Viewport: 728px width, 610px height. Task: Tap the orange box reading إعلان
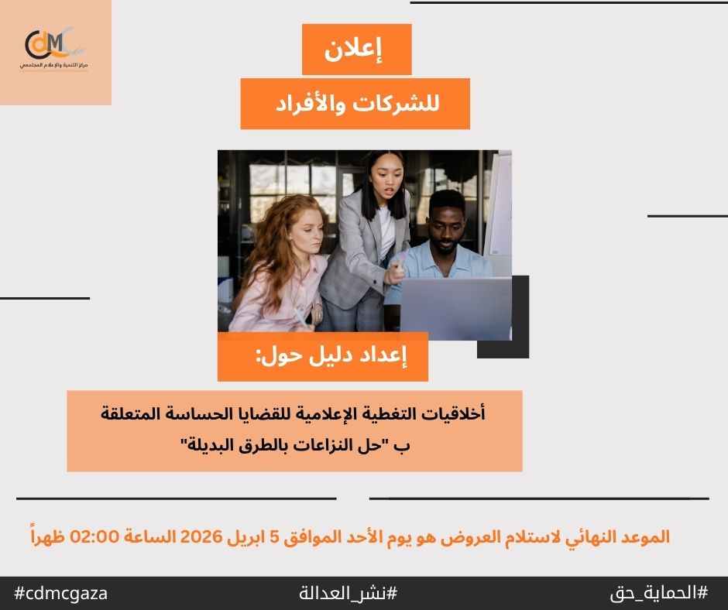tap(356, 50)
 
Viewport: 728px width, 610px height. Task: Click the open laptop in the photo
tap(456, 307)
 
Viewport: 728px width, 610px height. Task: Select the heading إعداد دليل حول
tap(331, 357)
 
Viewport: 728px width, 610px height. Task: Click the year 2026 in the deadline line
tap(201, 536)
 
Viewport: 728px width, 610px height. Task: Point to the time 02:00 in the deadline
tap(94, 536)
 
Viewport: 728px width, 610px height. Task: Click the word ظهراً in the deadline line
tap(48, 536)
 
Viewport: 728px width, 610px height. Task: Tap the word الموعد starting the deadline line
tap(645, 537)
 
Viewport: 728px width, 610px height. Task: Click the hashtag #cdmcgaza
tap(61, 593)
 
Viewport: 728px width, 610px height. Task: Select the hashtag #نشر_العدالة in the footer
tap(349, 593)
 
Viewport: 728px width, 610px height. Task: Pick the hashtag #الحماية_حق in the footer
tap(659, 593)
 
